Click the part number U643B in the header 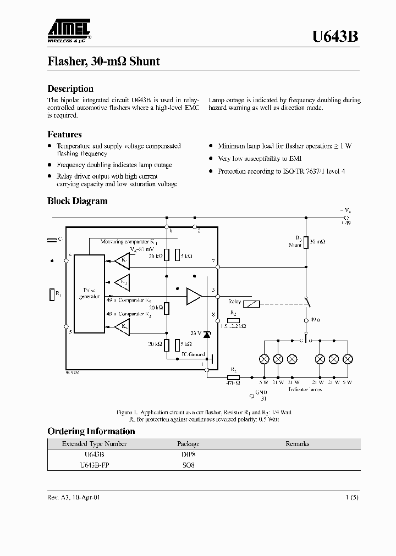point(335,37)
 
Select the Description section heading point(70,88)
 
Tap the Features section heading point(64,134)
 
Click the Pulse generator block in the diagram point(90,293)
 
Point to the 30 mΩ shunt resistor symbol point(306,242)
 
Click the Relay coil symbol point(251,304)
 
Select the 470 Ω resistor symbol point(233,377)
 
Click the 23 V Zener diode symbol point(207,334)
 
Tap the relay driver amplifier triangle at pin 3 point(194,296)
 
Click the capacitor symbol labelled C point(52,240)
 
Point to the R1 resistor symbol point(51,295)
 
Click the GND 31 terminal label point(256,396)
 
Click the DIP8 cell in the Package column point(188,454)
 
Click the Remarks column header point(297,444)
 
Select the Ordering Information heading point(91,431)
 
